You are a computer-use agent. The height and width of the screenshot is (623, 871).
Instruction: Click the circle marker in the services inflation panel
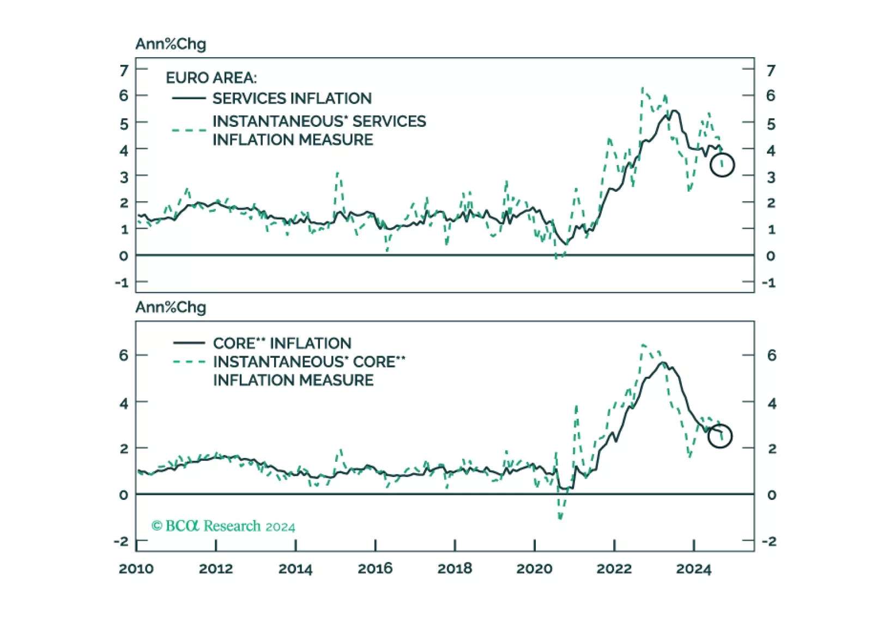722,165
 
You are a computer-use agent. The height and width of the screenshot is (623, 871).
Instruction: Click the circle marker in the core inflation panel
719,436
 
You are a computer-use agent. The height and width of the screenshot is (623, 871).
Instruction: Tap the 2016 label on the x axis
375,569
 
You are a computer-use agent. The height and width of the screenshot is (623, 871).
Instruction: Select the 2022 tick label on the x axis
614,569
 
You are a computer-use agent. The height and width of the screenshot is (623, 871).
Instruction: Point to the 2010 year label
136,569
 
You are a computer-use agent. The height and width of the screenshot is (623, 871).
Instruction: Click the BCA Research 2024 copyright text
223,526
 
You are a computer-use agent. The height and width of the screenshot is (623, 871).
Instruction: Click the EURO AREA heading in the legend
211,78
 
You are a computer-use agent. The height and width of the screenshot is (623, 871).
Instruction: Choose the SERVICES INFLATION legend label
292,99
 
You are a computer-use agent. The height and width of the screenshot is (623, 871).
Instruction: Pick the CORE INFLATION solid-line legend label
282,344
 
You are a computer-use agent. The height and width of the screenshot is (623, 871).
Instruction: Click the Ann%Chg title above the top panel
171,44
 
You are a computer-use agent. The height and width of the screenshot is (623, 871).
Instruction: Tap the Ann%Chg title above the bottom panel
171,307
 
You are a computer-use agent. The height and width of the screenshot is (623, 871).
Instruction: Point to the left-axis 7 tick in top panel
124,70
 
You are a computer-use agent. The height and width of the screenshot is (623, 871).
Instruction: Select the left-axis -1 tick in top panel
122,283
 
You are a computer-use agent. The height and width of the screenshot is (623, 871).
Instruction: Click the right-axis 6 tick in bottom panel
771,356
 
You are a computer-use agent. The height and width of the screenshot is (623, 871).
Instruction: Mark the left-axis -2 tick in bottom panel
121,541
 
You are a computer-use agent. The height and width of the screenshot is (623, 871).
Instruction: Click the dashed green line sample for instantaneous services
189,130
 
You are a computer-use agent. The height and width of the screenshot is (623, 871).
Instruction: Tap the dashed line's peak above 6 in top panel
643,88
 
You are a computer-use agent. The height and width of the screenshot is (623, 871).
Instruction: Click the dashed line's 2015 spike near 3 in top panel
338,173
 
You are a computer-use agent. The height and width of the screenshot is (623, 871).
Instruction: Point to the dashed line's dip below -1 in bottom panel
560,518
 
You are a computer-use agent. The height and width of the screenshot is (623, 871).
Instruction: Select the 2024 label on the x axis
693,569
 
